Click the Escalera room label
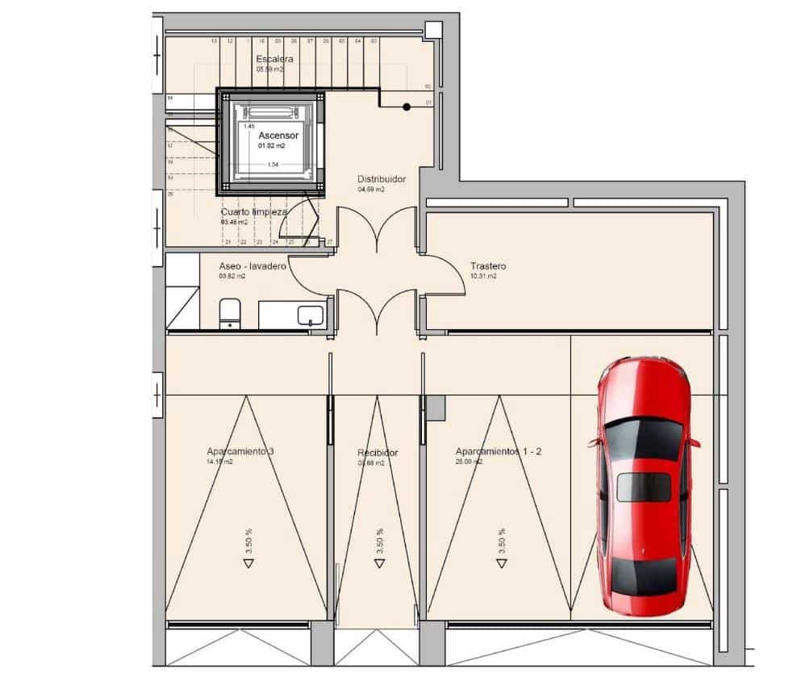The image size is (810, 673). (274, 59)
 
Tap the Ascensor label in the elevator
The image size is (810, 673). (278, 136)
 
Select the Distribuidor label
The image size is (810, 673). (381, 179)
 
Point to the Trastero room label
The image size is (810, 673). (488, 265)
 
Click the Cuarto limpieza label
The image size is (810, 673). (254, 211)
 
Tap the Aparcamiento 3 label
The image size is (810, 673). (240, 452)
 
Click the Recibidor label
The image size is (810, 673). (378, 453)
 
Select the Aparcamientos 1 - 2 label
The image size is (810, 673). (498, 452)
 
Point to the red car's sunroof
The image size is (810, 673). (644, 487)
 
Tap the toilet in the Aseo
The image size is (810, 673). (231, 311)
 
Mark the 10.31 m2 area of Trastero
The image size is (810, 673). (482, 276)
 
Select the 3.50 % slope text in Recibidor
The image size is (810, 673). (380, 540)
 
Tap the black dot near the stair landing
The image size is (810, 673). (407, 107)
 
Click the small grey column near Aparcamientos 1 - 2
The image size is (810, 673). (436, 408)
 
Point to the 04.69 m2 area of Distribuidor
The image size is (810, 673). (371, 190)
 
